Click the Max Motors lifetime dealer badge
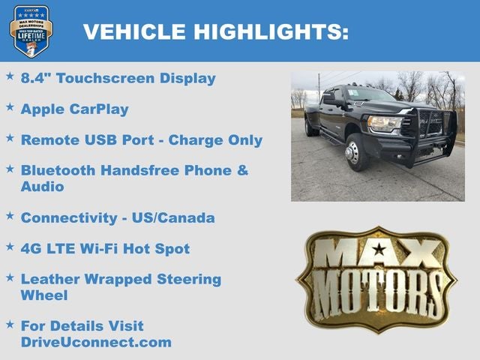point(31,31)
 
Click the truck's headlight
point(385,123)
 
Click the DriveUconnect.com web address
point(96,342)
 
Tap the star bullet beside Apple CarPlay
point(10,107)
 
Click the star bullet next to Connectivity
point(10,216)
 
